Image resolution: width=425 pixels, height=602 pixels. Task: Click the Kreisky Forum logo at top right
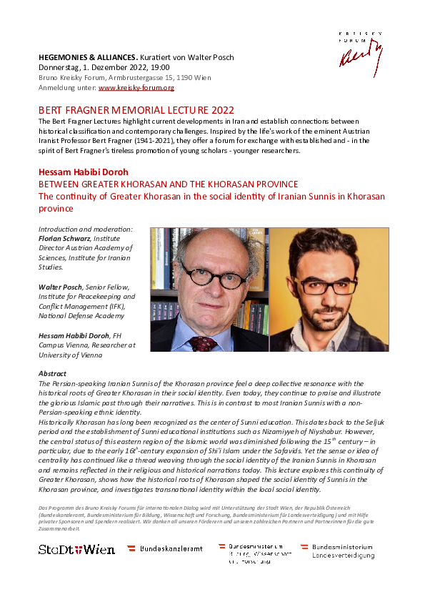coord(361,50)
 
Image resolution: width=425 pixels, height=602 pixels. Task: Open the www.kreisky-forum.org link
coord(136,88)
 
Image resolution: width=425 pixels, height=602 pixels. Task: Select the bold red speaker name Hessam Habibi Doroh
coord(84,172)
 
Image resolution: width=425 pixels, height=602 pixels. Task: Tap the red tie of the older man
coord(204,344)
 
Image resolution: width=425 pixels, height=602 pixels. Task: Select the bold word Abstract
coord(52,374)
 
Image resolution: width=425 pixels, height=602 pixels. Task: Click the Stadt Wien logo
coord(76,549)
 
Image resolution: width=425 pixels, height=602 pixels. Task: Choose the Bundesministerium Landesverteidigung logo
coord(337,551)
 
